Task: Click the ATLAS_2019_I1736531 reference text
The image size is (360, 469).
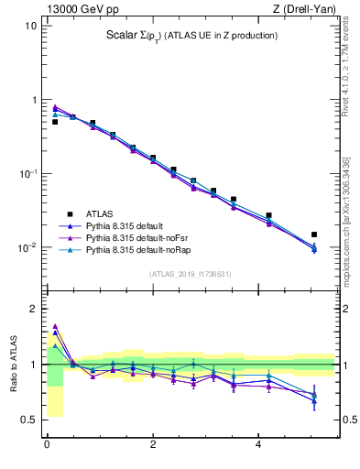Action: pyautogui.click(x=190, y=274)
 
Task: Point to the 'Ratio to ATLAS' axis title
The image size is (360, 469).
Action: pyautogui.click(x=13, y=365)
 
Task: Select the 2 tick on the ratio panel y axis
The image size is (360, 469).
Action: pyautogui.click(x=34, y=309)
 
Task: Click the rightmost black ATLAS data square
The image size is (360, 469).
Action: pyautogui.click(x=314, y=234)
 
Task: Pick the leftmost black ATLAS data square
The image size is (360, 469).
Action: pyautogui.click(x=55, y=121)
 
